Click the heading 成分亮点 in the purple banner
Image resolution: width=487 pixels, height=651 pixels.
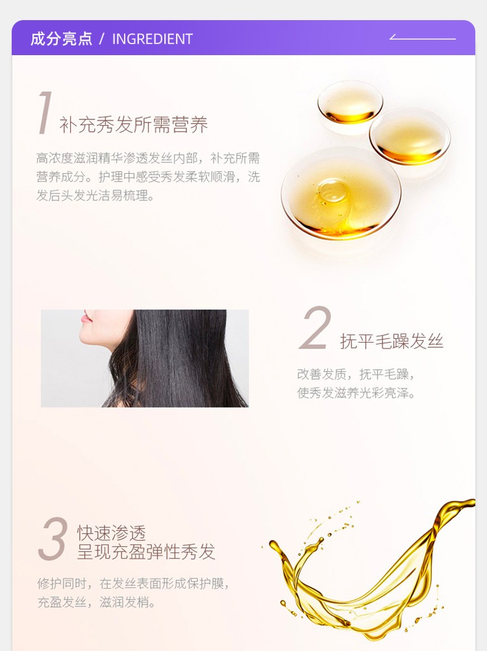[61, 38]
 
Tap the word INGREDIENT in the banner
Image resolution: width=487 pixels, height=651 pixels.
[153, 39]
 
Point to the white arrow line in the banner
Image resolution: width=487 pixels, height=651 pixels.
[422, 38]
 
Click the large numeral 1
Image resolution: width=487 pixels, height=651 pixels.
[44, 113]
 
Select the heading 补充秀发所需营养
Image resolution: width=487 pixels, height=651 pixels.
[133, 125]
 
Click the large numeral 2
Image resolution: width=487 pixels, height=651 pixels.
[316, 328]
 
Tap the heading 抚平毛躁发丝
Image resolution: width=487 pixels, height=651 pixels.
[392, 341]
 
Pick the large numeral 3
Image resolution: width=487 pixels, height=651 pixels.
[53, 539]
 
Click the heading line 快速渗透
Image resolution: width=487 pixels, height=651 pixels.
[112, 533]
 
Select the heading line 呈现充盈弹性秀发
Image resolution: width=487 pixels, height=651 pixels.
[146, 552]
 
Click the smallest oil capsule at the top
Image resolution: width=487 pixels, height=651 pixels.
[350, 103]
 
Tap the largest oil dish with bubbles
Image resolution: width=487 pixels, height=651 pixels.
[341, 193]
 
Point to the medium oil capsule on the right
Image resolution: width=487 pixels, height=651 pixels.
[410, 136]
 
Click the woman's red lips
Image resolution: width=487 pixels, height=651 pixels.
[86, 318]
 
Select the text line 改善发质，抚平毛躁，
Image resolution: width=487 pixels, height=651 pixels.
[356, 374]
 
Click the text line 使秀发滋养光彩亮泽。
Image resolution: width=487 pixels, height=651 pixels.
[356, 392]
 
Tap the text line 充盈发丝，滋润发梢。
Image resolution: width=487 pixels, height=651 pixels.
[96, 602]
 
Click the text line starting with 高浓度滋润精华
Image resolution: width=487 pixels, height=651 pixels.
[148, 158]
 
